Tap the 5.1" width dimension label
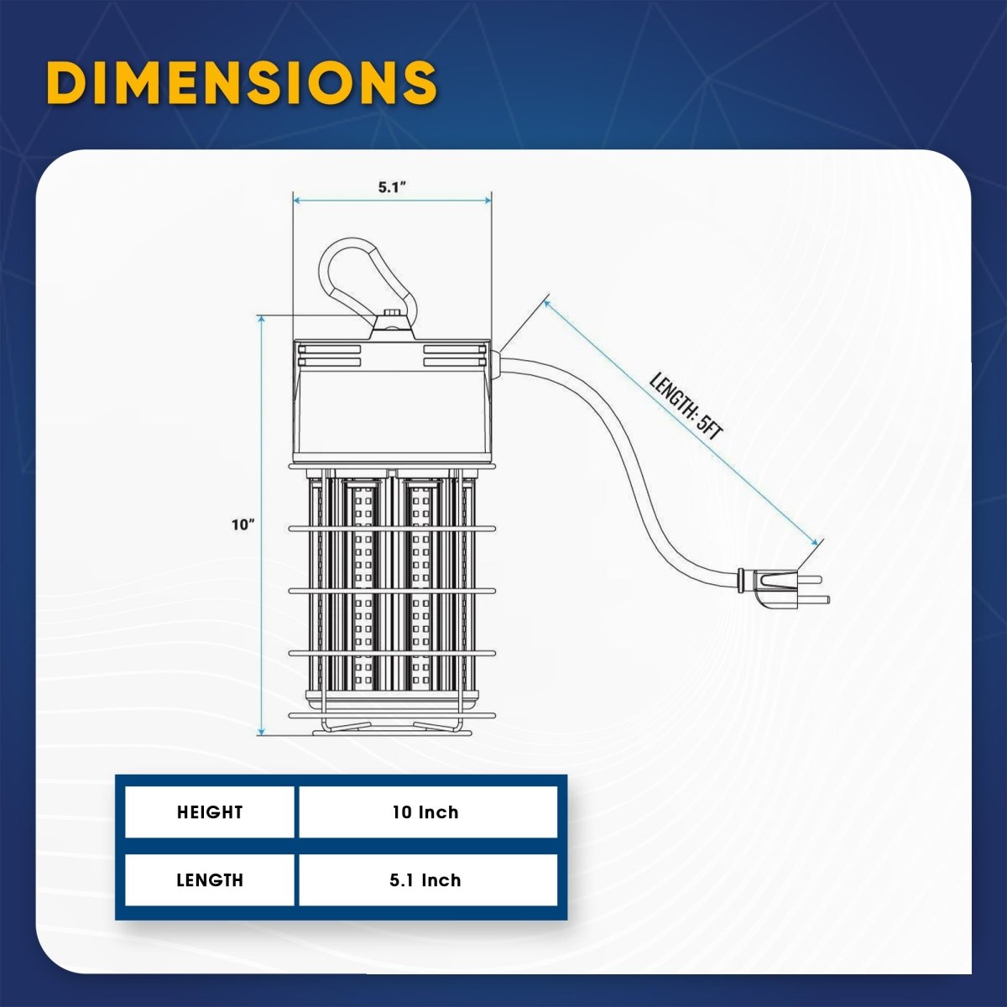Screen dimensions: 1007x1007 click(393, 187)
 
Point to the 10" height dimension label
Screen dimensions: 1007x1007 click(243, 524)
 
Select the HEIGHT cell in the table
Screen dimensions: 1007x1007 click(210, 812)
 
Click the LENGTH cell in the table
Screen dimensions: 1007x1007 click(210, 880)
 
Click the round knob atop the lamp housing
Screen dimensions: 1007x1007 click(391, 313)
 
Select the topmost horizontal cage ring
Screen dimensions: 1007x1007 click(392, 529)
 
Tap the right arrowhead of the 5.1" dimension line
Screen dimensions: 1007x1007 click(487, 201)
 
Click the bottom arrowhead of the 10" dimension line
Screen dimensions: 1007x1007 click(261, 731)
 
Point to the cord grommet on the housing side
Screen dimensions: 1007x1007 click(496, 363)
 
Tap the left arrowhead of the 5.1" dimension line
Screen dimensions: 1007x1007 click(298, 201)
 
